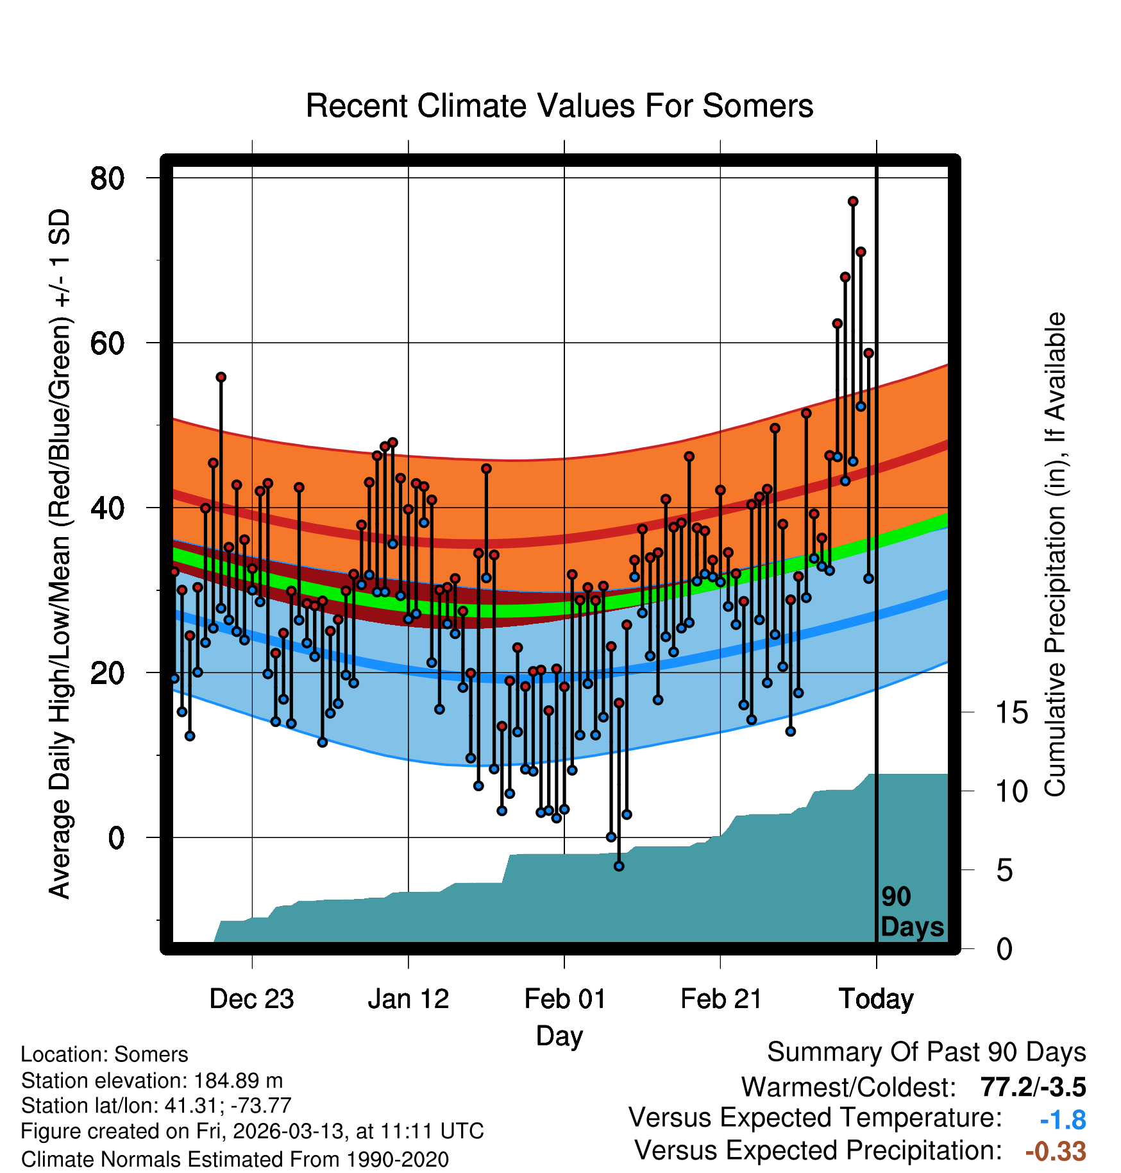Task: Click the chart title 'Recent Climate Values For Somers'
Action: (559, 106)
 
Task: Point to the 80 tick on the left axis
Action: (107, 178)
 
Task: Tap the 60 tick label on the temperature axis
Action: (107, 343)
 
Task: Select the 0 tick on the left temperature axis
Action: (116, 837)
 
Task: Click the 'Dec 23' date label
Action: (251, 999)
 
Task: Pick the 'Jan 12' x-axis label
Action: (408, 999)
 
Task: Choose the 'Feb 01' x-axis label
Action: (564, 999)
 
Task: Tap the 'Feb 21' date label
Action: (721, 999)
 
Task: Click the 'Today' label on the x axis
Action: (876, 999)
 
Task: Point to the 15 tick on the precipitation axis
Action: (1011, 713)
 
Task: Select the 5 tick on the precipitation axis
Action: (1004, 871)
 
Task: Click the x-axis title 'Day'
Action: (559, 1036)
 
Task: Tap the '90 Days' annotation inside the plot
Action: (911, 912)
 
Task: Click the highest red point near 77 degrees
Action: (853, 201)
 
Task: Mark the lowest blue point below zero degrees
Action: (619, 866)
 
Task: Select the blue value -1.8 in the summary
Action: (1063, 1120)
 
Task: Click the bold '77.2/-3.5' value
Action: (1033, 1087)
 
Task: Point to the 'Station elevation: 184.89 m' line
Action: (152, 1081)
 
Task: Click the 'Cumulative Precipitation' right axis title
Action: (1055, 555)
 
